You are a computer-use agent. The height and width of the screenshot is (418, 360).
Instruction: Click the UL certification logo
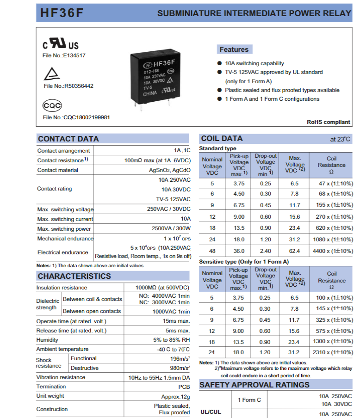pyautogui.click(x=61, y=44)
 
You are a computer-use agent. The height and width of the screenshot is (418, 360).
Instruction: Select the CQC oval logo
pyautogui.click(x=52, y=105)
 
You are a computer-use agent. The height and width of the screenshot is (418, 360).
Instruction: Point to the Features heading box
pyautogui.click(x=234, y=49)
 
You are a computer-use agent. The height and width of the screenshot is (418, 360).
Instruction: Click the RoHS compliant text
pyautogui.click(x=329, y=122)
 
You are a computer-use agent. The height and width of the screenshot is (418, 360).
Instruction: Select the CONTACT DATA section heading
pyautogui.click(x=68, y=139)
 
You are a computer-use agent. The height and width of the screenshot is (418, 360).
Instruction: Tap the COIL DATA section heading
pyautogui.click(x=222, y=139)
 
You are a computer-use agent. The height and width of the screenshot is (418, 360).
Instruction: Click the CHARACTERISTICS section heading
pyautogui.click(x=74, y=276)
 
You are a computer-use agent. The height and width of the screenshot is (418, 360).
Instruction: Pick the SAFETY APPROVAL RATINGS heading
pyautogui.click(x=254, y=385)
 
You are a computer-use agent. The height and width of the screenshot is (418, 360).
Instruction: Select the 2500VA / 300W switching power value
pyautogui.click(x=171, y=229)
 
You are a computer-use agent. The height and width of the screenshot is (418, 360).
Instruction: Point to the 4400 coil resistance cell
pyautogui.click(x=335, y=251)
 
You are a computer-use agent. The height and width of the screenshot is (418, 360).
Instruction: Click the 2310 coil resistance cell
pyautogui.click(x=335, y=352)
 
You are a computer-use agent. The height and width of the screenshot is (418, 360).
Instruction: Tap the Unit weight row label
pyautogui.click(x=50, y=396)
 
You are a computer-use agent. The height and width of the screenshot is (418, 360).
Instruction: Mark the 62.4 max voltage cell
pyautogui.click(x=294, y=251)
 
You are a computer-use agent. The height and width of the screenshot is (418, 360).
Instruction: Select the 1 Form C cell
pyautogui.click(x=249, y=400)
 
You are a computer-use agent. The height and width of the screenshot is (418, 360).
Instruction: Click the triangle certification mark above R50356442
pyautogui.click(x=52, y=74)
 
